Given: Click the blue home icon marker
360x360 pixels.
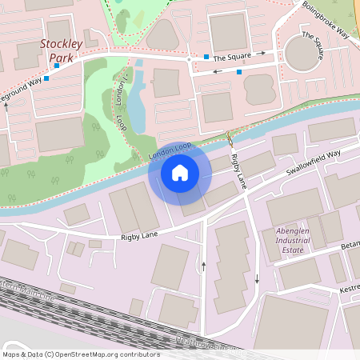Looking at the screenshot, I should coord(179,173).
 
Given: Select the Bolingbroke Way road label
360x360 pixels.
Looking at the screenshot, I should coord(326,18).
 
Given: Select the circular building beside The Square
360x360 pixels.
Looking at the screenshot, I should coord(303,54).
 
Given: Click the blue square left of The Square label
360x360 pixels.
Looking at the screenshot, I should coord(206,57).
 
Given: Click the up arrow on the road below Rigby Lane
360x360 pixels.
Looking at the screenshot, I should coord(205,265).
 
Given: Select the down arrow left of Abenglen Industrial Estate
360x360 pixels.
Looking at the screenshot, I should coord(257,279).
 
